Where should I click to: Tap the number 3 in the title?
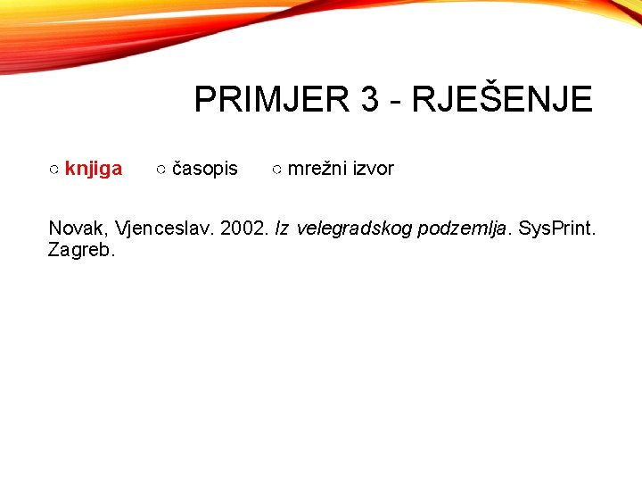[370, 99]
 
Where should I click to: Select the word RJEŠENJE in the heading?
[503, 99]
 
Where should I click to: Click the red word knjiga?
[94, 169]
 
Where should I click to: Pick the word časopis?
[204, 169]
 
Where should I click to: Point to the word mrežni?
[317, 169]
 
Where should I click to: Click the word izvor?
[373, 169]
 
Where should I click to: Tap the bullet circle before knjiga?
[54, 170]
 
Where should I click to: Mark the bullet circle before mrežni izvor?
[277, 170]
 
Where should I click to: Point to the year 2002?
[243, 229]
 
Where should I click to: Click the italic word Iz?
[282, 229]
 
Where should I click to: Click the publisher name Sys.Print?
[557, 229]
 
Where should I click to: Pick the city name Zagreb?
[81, 250]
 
